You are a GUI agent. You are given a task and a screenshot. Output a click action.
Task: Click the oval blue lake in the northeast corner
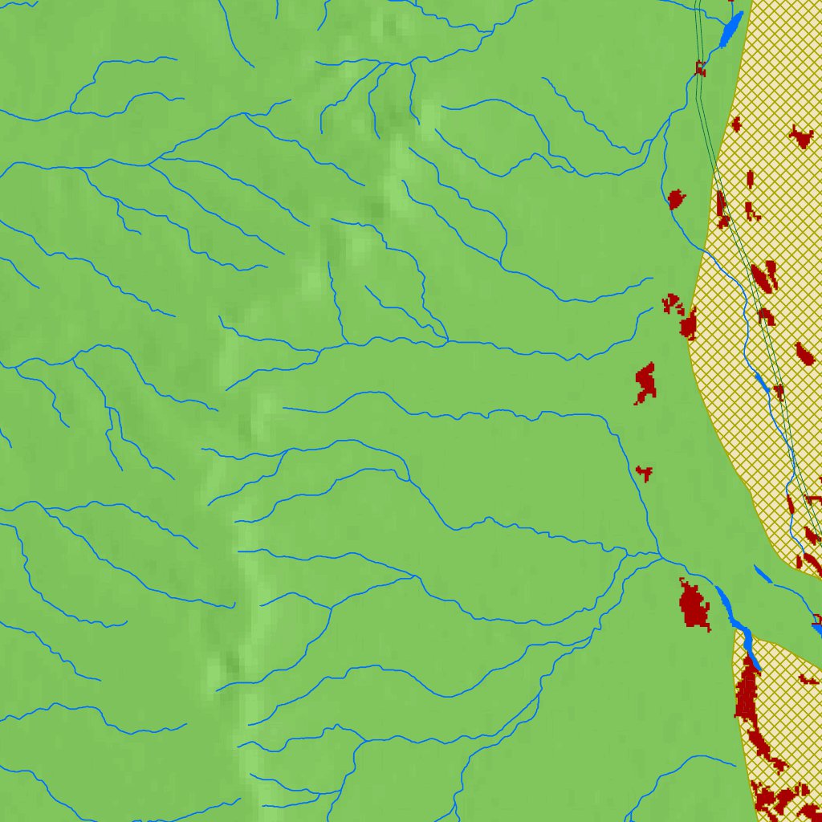tap(731, 31)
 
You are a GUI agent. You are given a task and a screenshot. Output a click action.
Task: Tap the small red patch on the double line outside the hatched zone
tap(701, 69)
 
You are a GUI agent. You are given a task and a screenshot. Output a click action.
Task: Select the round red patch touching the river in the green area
tap(676, 197)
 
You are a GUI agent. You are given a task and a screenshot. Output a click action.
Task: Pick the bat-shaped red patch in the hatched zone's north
tap(801, 136)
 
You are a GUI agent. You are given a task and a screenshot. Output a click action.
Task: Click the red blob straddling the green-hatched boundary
tap(688, 324)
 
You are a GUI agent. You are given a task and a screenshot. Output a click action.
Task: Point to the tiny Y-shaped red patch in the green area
tap(644, 472)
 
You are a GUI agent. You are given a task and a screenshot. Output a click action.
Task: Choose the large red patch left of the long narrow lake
tap(694, 604)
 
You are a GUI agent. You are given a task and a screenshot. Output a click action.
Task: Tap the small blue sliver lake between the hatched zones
tap(763, 575)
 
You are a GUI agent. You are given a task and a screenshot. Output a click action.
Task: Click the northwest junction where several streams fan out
tap(149, 163)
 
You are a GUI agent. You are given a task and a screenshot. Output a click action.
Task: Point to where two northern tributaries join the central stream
tap(446, 341)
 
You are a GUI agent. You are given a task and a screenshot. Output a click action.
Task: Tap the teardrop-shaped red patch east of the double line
tap(804, 352)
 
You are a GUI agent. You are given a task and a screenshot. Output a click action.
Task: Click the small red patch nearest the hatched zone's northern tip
tap(735, 124)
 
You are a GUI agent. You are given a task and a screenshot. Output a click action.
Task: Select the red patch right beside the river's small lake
tap(778, 391)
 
